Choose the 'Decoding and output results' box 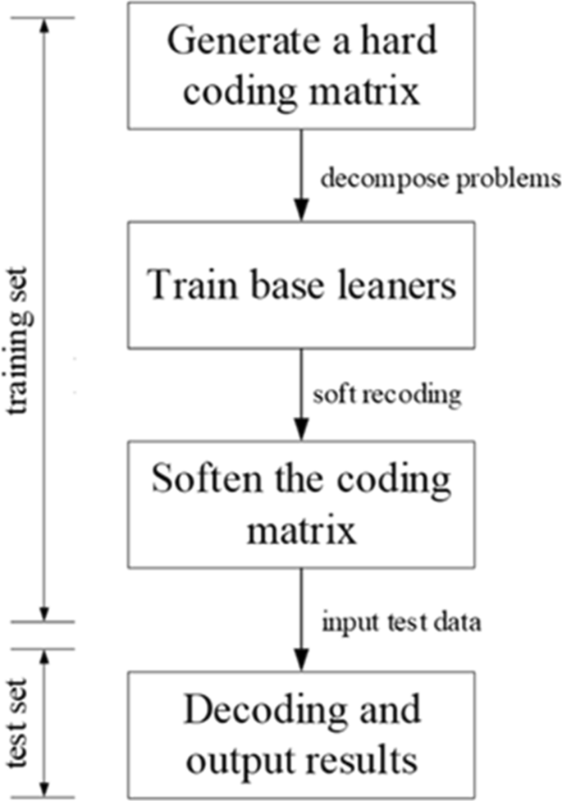click(x=300, y=731)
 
